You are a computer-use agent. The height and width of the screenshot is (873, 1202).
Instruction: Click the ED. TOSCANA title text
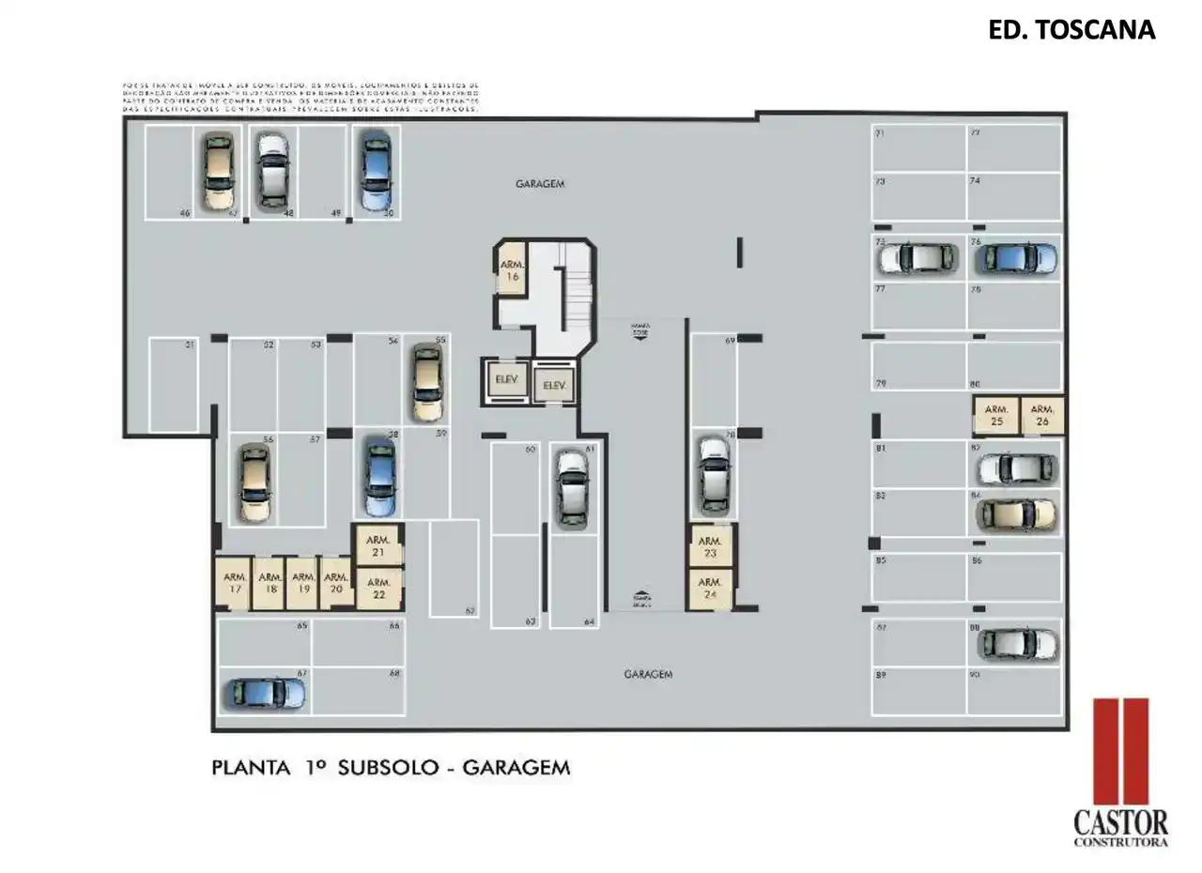click(x=1071, y=30)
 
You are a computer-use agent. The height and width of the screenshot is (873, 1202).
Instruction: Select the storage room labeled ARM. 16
click(x=512, y=271)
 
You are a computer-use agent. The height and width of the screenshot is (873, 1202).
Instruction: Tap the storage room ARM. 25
click(x=996, y=416)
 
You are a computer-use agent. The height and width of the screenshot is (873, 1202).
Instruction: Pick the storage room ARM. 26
click(x=1042, y=416)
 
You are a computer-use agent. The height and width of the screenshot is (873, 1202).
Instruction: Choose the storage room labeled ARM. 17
click(x=235, y=584)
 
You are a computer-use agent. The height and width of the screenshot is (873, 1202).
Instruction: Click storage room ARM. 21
click(x=378, y=546)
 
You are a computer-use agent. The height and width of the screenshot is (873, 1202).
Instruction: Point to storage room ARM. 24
click(x=709, y=589)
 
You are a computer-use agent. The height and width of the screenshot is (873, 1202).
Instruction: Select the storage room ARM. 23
click(x=709, y=547)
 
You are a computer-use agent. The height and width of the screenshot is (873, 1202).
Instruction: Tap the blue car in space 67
click(x=264, y=694)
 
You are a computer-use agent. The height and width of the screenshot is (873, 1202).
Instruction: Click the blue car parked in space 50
click(x=376, y=171)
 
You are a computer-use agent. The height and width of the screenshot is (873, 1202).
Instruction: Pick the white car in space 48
click(x=272, y=171)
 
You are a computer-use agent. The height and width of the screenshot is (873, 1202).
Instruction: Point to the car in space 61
click(x=571, y=488)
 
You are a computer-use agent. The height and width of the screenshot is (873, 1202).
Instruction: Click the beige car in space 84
click(x=1016, y=513)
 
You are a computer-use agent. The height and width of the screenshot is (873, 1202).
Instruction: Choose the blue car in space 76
click(x=1015, y=256)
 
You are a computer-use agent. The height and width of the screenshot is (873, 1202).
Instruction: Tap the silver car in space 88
click(x=1017, y=644)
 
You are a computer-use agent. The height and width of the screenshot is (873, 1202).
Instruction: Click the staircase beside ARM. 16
click(x=572, y=285)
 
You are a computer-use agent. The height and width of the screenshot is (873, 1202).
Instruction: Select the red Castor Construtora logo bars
click(x=1121, y=750)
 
